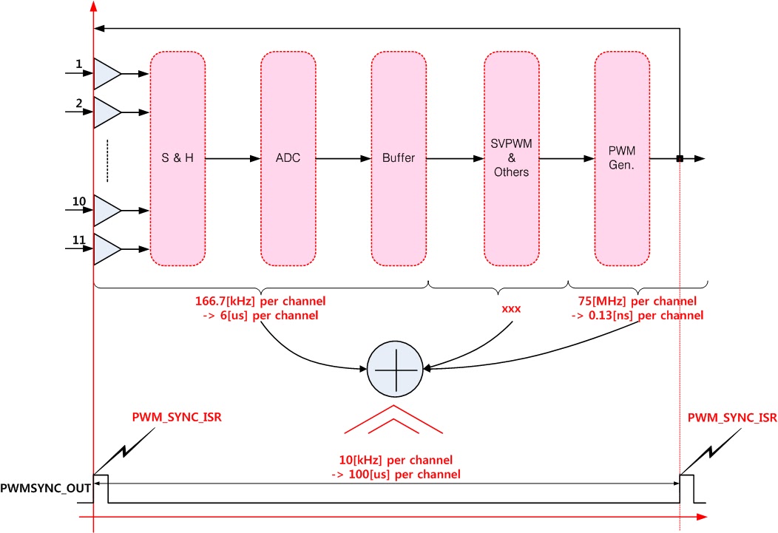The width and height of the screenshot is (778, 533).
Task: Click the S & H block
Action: (x=177, y=159)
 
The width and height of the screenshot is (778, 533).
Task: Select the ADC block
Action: (x=288, y=159)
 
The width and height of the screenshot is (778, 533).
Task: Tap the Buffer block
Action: (x=399, y=159)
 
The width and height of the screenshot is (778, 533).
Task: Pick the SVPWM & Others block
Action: (x=511, y=159)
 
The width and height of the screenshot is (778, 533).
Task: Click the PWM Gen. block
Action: (x=622, y=159)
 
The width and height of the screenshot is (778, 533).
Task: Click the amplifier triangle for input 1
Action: (x=106, y=74)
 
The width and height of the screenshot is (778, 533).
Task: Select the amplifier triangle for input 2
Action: (x=106, y=113)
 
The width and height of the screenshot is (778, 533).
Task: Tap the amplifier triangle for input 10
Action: (x=106, y=211)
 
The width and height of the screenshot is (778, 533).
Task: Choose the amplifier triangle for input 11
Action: (x=106, y=250)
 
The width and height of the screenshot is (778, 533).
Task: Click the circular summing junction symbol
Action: (x=394, y=367)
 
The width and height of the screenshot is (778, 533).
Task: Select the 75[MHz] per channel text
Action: (x=637, y=302)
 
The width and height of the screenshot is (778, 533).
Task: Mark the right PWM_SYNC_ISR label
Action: (x=731, y=418)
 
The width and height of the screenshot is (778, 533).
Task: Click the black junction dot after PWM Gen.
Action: (x=679, y=158)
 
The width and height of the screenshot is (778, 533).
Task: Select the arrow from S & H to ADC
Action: (x=232, y=159)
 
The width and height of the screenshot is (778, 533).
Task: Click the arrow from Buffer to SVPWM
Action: (x=455, y=159)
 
